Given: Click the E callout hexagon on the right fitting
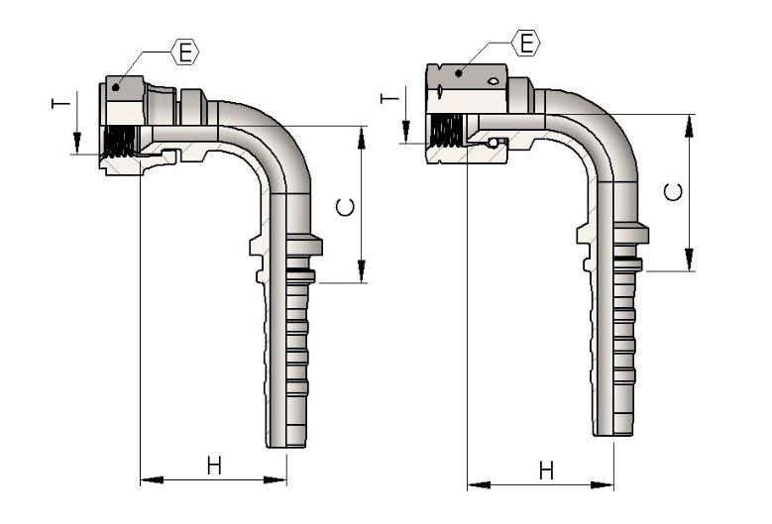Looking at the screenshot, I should click(x=527, y=42).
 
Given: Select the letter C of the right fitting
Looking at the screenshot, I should click(x=674, y=192).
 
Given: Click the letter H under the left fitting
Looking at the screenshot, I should click(x=215, y=465).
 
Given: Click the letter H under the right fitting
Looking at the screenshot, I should click(x=546, y=471).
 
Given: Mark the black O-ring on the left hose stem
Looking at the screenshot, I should click(x=298, y=270).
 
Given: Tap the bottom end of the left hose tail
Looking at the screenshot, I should click(x=285, y=442).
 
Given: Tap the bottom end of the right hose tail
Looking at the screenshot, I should click(x=613, y=431).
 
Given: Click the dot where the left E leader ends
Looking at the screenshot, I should click(x=117, y=87).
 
